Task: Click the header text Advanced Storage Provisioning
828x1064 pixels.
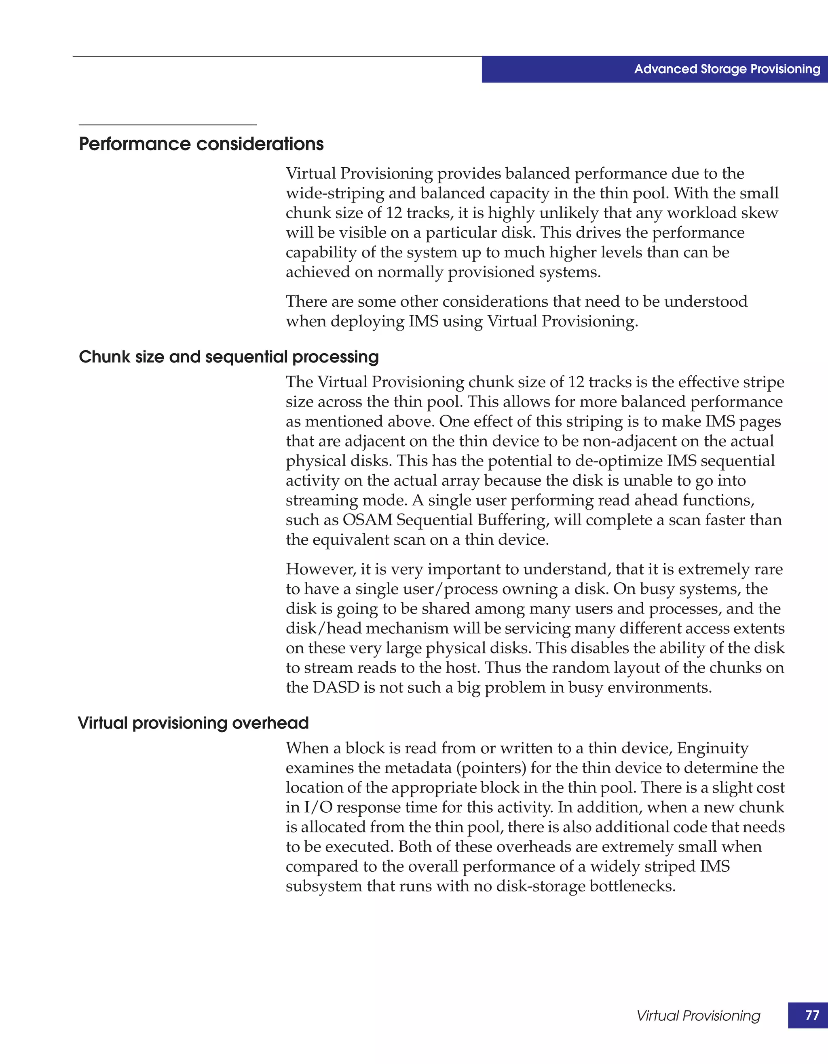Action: click(x=727, y=69)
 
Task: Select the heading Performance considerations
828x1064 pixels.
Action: click(x=201, y=144)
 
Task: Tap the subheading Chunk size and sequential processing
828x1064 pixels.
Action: click(x=228, y=357)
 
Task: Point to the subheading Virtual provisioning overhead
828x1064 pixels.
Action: click(x=194, y=723)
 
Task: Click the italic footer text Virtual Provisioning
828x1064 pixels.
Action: click(x=698, y=1016)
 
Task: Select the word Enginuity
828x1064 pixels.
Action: click(x=712, y=748)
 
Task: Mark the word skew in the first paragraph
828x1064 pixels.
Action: click(x=759, y=213)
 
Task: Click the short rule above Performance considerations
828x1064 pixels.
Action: click(x=168, y=125)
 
